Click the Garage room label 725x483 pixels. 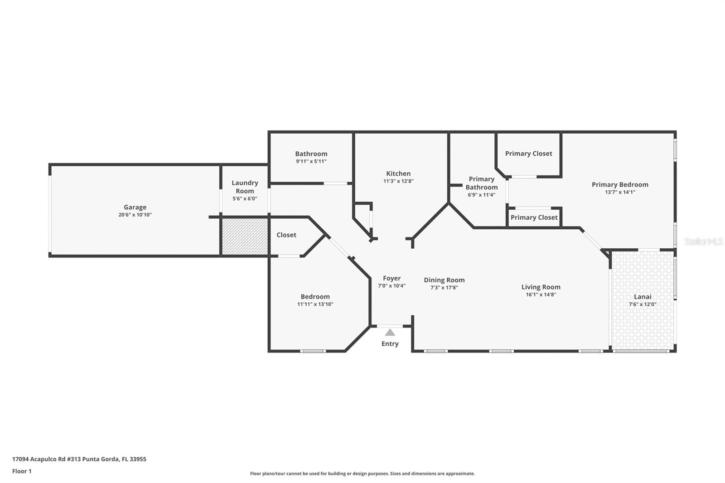pos(135,207)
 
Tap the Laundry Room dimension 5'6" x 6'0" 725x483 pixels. pos(245,198)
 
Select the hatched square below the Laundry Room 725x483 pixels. pos(245,237)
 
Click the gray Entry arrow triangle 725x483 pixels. pos(390,333)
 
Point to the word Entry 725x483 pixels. pos(390,344)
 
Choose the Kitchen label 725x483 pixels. pos(398,174)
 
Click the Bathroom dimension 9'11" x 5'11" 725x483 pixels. pos(311,161)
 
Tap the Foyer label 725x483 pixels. pos(391,278)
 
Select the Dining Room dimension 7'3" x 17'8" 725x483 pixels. pos(444,287)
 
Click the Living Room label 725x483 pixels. pos(541,287)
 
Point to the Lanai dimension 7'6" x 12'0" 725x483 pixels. pos(643,304)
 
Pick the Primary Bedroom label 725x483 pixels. pos(620,184)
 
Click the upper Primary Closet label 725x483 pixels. pos(528,154)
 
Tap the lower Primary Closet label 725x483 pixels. pos(534,217)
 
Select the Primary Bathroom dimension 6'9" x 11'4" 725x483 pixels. pos(481,195)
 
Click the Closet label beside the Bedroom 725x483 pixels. pos(286,235)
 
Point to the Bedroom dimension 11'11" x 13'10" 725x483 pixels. pos(315,304)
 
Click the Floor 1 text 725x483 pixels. pos(22,471)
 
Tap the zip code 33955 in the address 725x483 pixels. pos(138,459)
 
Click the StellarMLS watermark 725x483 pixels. pos(703,241)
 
